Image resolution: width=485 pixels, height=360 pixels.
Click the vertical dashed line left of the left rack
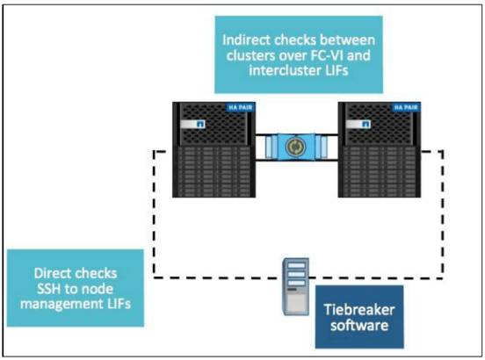155,211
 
